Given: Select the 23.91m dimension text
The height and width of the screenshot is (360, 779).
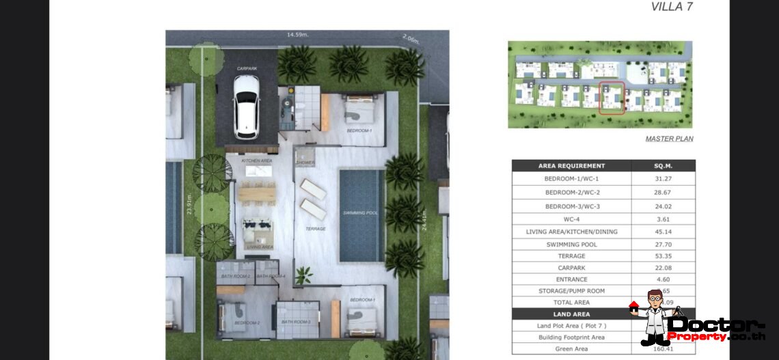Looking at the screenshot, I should click(189, 206).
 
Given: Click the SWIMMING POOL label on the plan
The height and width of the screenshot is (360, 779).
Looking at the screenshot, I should click(361, 212).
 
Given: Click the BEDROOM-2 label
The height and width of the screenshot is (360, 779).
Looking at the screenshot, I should click(246, 322).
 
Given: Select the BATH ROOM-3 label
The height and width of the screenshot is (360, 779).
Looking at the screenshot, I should click(296, 322).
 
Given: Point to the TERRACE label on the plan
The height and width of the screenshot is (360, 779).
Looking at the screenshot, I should click(315, 229).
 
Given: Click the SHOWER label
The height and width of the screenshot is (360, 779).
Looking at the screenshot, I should click(305, 163).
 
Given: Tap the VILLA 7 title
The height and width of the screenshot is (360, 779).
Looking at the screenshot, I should click(671, 7).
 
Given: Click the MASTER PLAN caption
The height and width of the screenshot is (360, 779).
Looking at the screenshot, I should click(669, 139).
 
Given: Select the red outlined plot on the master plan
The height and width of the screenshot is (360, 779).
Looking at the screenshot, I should click(612, 98).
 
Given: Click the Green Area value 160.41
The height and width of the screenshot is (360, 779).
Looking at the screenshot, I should click(661, 349).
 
